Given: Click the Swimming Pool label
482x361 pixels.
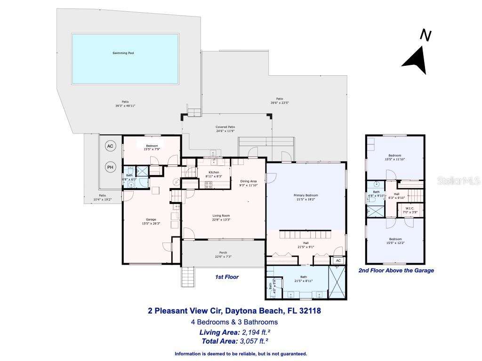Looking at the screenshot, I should click(x=123, y=53).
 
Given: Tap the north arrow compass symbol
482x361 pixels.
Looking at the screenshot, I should click(x=417, y=54).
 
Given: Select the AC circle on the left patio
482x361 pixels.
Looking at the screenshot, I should click(x=110, y=146).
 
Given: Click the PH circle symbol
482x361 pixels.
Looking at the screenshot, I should click(x=110, y=167).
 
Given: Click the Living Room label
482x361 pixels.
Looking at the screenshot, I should click(x=221, y=216).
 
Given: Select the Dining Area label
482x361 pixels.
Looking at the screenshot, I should click(x=249, y=181).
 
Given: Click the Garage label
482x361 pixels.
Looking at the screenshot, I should click(x=151, y=220).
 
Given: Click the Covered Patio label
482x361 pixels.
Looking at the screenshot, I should click(x=225, y=127).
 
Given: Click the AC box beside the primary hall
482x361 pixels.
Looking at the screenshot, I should click(x=338, y=260).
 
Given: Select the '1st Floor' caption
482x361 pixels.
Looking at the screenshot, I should click(x=227, y=277).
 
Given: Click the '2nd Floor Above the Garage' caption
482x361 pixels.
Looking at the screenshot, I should click(x=396, y=271).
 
